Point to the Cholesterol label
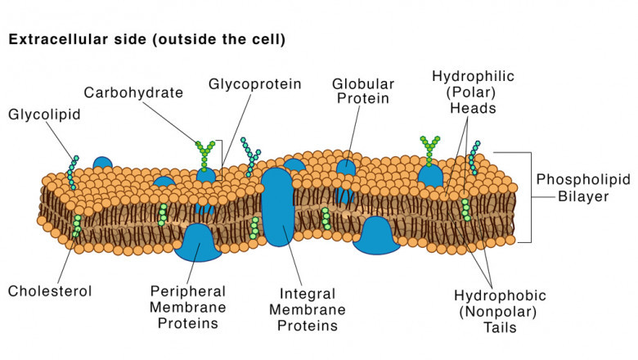coord(50,290)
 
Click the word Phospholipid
coord(574,178)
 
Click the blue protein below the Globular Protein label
coord(347,168)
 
